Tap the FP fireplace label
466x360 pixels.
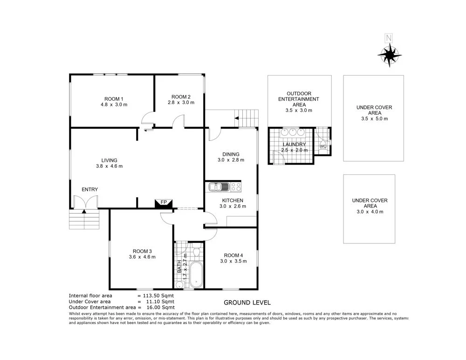[164, 202]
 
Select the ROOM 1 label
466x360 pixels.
[114, 98]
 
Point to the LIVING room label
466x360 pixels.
[107, 160]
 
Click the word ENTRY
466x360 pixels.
[89, 189]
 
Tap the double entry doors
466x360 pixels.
[85, 202]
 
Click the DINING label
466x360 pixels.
[231, 154]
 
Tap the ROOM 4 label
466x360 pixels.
[233, 255]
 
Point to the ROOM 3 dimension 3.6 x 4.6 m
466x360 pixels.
[142, 257]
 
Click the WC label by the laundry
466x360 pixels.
[323, 146]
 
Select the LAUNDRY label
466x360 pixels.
[295, 145]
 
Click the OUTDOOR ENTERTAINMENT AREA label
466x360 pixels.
[299, 99]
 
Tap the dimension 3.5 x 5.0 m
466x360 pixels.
[374, 118]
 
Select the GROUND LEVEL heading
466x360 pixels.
[247, 302]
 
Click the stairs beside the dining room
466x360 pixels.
[247, 118]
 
